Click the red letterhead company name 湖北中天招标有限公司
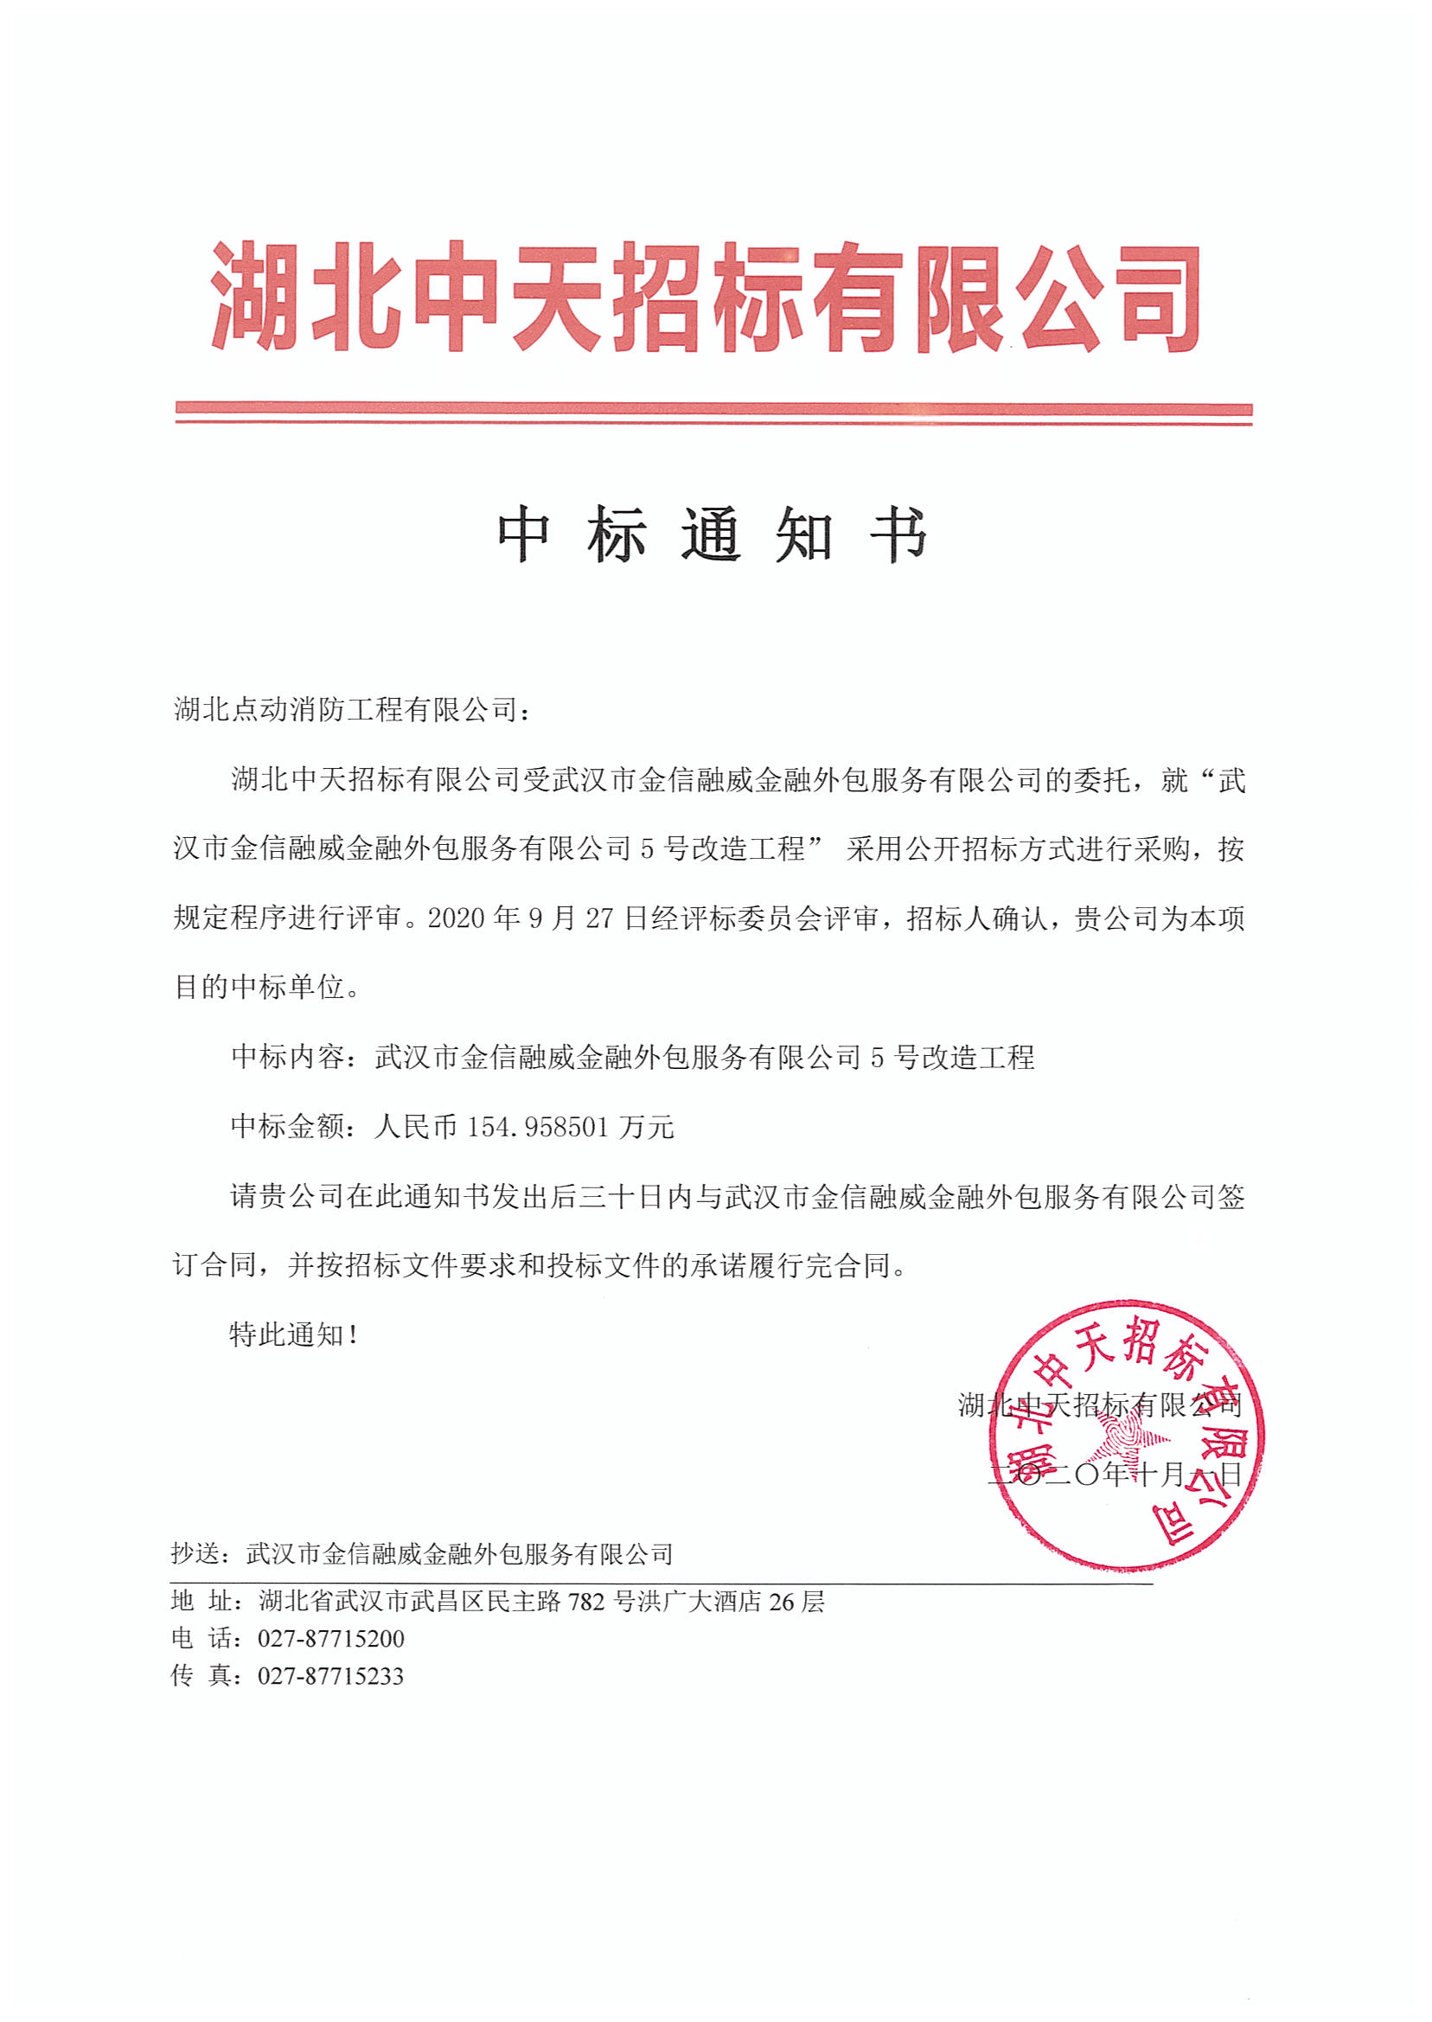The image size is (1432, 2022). (x=706, y=298)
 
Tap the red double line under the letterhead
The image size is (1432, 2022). (x=713, y=413)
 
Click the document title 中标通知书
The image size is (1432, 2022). (x=712, y=534)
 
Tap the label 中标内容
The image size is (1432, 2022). (x=286, y=1058)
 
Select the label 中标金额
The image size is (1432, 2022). (x=286, y=1127)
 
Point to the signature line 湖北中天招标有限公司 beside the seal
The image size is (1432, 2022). (x=1100, y=1405)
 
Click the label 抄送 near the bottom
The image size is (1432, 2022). (x=193, y=1554)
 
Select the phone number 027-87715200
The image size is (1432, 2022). (x=330, y=1638)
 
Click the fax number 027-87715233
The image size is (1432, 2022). (x=330, y=1675)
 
